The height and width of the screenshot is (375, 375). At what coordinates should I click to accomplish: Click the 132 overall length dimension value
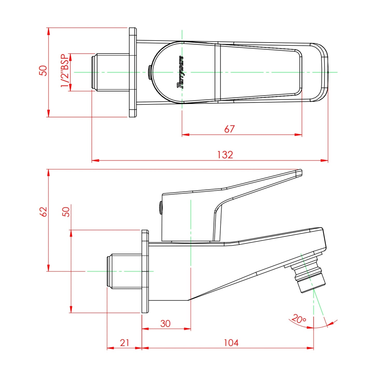(225, 155)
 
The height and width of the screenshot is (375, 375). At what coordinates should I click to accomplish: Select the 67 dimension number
(230, 129)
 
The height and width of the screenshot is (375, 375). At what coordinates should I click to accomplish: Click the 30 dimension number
(165, 324)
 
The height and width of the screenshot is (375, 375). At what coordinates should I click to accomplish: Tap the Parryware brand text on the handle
(180, 72)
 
